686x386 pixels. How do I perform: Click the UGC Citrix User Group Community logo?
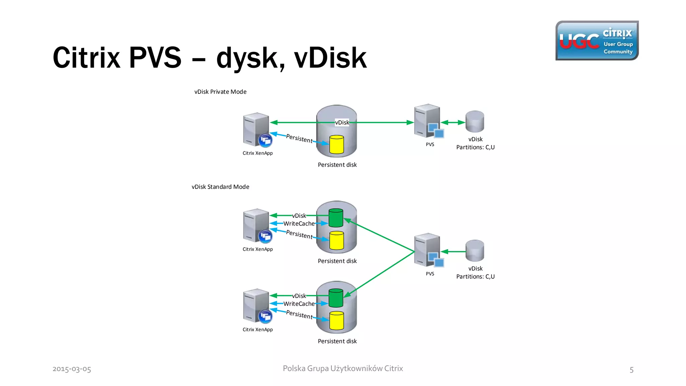(x=597, y=41)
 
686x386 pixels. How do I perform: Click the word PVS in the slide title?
(x=155, y=58)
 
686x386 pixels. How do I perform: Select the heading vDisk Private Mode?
(x=220, y=92)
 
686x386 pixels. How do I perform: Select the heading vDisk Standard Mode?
(x=220, y=187)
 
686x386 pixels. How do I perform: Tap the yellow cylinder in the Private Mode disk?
(x=337, y=145)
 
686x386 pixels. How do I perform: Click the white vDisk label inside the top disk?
(x=342, y=123)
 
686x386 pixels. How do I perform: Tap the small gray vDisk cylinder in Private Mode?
(x=475, y=121)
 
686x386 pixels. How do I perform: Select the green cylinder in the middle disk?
(x=336, y=218)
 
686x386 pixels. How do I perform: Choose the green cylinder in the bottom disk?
(x=336, y=298)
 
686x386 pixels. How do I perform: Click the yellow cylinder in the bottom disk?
(x=337, y=321)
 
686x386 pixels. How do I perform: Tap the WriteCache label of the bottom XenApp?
(x=299, y=304)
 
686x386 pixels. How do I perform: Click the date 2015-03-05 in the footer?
(x=72, y=369)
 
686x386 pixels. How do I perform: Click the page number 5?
(x=631, y=370)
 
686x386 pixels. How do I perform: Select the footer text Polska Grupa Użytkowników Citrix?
(x=343, y=369)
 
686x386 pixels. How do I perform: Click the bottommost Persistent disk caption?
(x=337, y=341)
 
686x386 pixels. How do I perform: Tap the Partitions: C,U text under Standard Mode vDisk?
(x=475, y=277)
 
